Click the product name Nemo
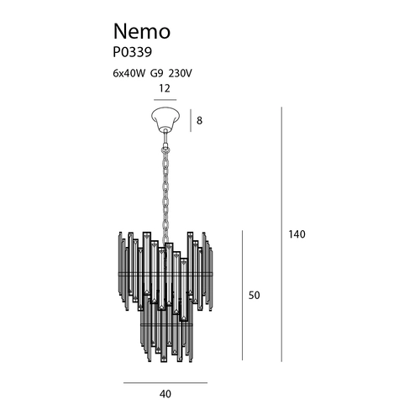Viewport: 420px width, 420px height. click(x=142, y=31)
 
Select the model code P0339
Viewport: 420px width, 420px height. click(x=133, y=52)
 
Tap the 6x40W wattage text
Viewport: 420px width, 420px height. click(x=129, y=73)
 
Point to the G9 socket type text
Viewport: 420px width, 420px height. click(x=156, y=73)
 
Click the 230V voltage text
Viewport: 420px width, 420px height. click(x=180, y=73)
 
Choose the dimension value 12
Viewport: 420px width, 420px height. click(x=165, y=88)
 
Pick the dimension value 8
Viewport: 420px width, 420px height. click(x=199, y=121)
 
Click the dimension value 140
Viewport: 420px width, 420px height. click(x=297, y=234)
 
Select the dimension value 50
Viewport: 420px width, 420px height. click(x=254, y=296)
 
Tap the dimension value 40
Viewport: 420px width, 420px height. click(x=165, y=394)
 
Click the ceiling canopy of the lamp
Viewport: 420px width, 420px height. click(x=165, y=119)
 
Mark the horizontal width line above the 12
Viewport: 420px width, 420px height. click(x=165, y=100)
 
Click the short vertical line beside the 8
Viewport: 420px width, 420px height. click(x=191, y=120)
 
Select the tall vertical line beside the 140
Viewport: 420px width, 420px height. click(x=281, y=234)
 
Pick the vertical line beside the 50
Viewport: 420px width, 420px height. click(x=243, y=296)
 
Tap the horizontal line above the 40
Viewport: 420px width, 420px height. click(x=165, y=382)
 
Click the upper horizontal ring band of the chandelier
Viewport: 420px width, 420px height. click(x=165, y=274)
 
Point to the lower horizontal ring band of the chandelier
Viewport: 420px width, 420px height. click(x=166, y=324)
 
